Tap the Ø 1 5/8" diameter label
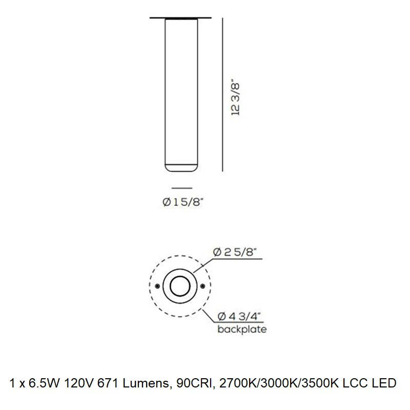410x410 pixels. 182,202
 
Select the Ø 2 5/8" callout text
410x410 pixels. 235,252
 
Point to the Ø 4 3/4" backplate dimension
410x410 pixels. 239,316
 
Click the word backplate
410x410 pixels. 242,329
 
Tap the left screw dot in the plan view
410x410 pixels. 157,286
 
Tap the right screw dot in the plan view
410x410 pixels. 202,286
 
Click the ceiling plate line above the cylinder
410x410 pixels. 180,18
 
